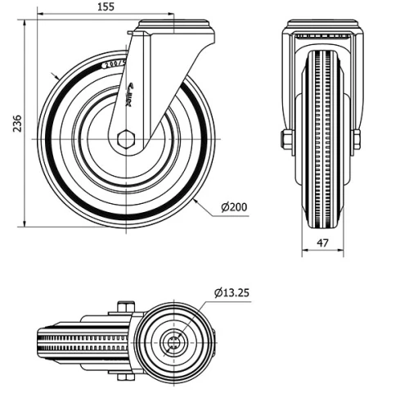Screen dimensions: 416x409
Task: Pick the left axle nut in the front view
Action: tap(285, 140)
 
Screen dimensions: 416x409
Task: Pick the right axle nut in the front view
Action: tap(357, 140)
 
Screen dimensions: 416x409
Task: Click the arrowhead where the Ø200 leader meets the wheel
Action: tap(198, 199)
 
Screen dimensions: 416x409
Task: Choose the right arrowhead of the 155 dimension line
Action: tap(171, 15)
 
